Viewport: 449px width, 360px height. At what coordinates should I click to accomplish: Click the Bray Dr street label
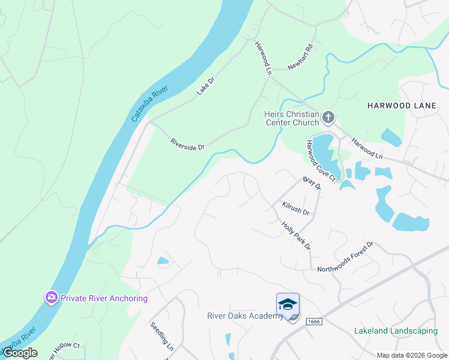pos(312,183)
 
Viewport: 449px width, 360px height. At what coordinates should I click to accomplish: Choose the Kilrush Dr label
pos(295,208)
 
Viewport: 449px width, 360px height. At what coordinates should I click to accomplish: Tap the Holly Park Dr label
pos(296,235)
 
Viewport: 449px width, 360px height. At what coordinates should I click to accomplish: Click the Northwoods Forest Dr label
pos(346,256)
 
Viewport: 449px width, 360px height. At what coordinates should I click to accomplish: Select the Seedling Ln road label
pos(161,338)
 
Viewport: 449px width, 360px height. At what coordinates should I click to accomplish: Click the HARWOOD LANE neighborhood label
pos(402,106)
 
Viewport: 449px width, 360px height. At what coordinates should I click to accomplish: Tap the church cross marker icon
pos(328,117)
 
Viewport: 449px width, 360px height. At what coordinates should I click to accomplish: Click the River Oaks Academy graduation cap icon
pos(288,304)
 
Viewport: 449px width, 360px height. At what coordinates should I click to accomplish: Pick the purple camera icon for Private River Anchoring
pos(52,298)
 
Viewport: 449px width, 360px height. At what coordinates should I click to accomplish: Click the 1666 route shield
pos(313,322)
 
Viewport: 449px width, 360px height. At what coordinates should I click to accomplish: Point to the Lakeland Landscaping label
pos(396,331)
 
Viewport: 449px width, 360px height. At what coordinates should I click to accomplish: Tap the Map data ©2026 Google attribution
pos(412,355)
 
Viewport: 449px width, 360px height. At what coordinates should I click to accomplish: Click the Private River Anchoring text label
pos(104,298)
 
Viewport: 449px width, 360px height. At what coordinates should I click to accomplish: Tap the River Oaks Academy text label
pos(244,316)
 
